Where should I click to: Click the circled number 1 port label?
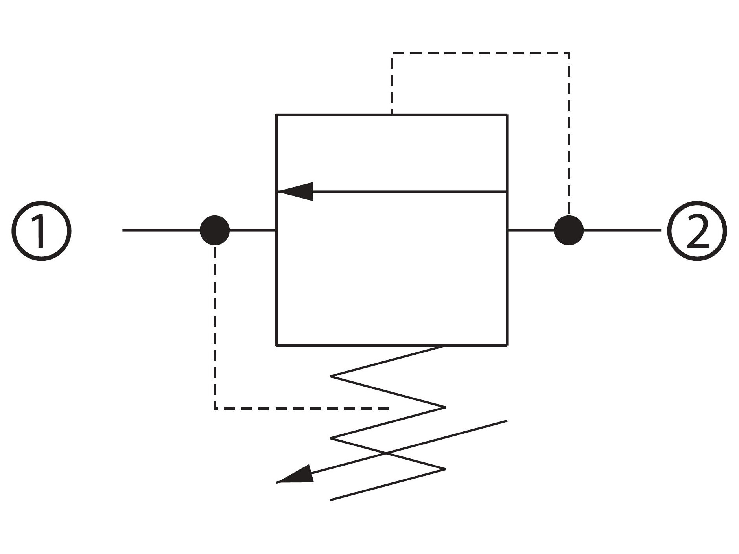(41, 230)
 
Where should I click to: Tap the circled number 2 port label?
(697, 230)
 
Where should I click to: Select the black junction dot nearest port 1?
(214, 230)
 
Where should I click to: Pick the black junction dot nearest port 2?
(569, 230)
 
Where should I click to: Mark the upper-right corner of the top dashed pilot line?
(569, 53)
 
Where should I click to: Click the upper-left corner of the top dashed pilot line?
(392, 53)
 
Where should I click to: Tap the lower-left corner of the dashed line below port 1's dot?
(214, 409)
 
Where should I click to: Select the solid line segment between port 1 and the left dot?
(161, 230)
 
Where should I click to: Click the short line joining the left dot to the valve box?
(252, 230)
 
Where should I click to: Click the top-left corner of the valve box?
(276, 115)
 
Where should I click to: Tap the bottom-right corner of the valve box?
(507, 345)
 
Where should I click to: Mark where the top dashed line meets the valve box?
(392, 114)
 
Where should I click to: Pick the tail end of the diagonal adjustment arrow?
(507, 421)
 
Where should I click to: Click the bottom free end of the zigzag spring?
(331, 500)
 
